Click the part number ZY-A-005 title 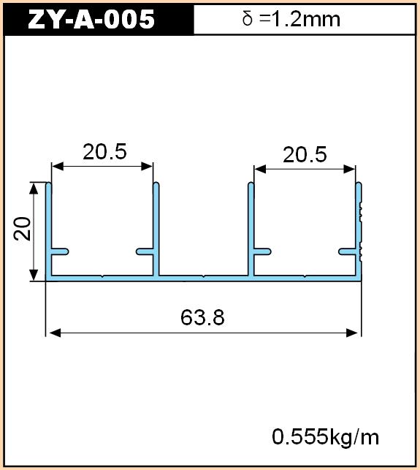91,19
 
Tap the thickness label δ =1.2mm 291,19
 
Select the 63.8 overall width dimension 202,317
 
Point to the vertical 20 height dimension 23,228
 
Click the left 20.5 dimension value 105,151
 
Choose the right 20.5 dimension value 305,155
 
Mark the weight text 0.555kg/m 325,436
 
